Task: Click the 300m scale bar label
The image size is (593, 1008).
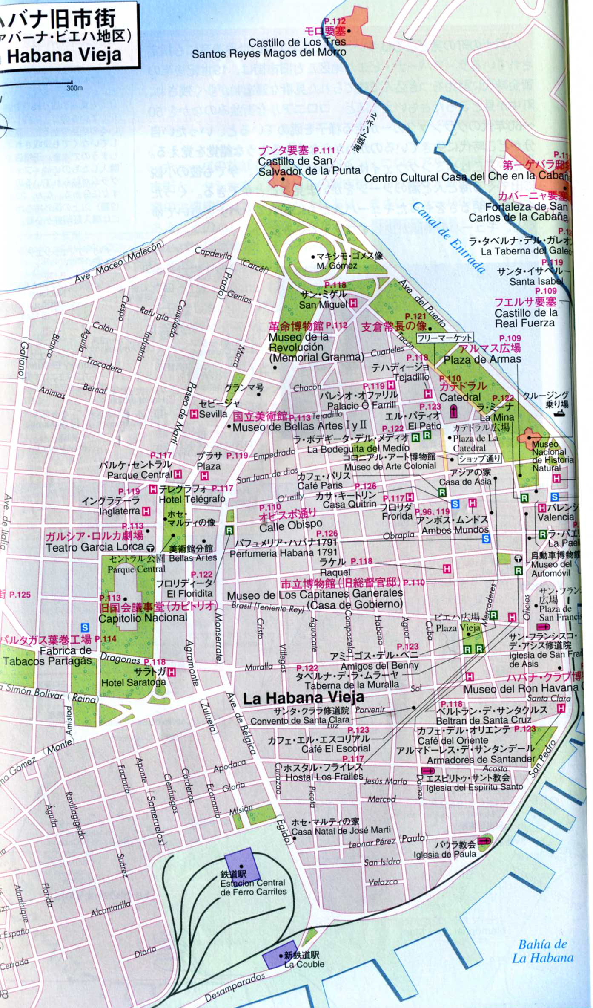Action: (x=74, y=88)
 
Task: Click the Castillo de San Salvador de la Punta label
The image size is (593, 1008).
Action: (x=309, y=166)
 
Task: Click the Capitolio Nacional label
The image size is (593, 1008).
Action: (x=143, y=618)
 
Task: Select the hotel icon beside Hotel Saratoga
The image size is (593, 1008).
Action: (x=171, y=672)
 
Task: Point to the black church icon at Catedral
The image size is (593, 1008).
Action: (x=454, y=411)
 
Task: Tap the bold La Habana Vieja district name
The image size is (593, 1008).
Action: (x=303, y=698)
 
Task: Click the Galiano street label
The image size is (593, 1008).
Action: (x=22, y=359)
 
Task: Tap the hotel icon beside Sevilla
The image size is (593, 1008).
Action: (x=194, y=413)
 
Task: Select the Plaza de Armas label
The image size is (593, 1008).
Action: (x=482, y=359)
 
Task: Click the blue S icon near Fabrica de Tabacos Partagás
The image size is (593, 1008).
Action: (x=85, y=627)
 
